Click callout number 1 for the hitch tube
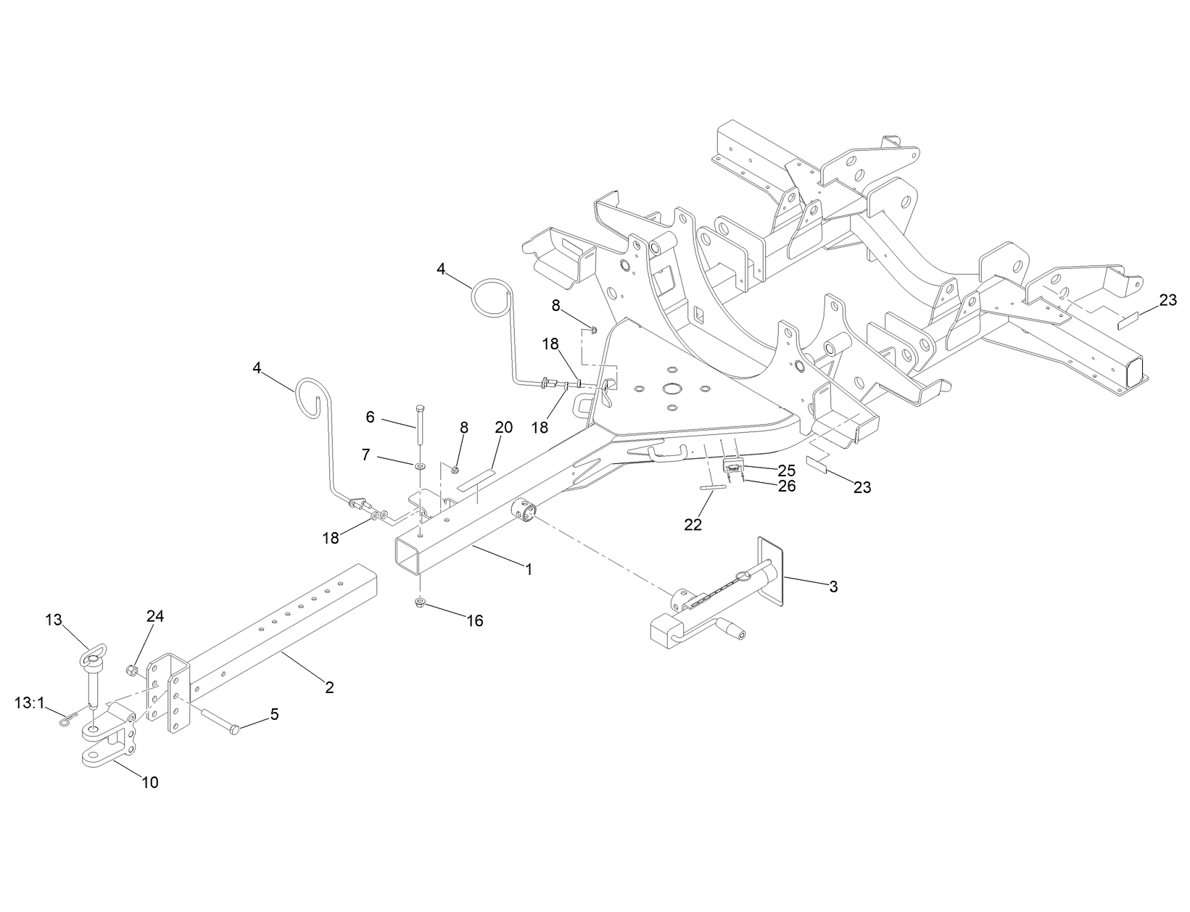pyautogui.click(x=529, y=570)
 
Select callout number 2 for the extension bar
pyautogui.click(x=329, y=687)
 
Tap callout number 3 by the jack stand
pyautogui.click(x=833, y=586)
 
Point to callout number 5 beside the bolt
pyautogui.click(x=274, y=714)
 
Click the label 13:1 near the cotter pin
pyautogui.click(x=30, y=702)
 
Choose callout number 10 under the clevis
pyautogui.click(x=150, y=782)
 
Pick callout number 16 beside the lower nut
pyautogui.click(x=475, y=621)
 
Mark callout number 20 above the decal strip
pyautogui.click(x=503, y=428)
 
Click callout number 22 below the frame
pyautogui.click(x=693, y=525)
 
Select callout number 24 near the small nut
pyautogui.click(x=155, y=616)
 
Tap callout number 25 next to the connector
pyautogui.click(x=787, y=470)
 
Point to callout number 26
pyautogui.click(x=787, y=486)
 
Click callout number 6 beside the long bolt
pyautogui.click(x=371, y=417)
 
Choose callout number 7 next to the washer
pyautogui.click(x=366, y=455)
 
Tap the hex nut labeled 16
pyautogui.click(x=421, y=602)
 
